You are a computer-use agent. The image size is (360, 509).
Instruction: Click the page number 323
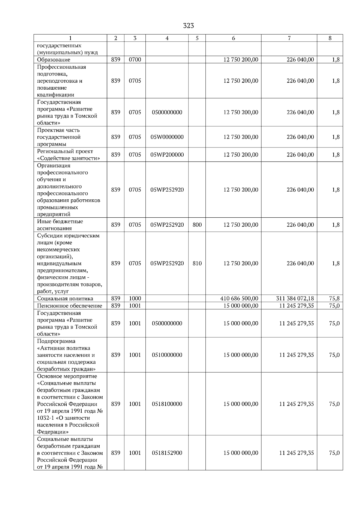(188, 26)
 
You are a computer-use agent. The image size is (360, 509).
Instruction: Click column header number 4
(167, 38)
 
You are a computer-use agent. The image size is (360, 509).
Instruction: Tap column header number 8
(330, 38)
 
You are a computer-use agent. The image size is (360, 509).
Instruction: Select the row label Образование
(54, 60)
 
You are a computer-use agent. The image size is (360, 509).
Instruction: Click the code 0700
(135, 60)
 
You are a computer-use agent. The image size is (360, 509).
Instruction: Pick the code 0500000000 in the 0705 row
(167, 112)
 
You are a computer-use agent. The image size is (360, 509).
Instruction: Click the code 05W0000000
(167, 137)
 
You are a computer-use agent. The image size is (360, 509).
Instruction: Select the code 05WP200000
(167, 155)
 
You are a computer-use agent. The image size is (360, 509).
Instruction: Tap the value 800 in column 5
(197, 225)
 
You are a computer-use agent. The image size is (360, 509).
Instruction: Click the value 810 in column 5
(197, 263)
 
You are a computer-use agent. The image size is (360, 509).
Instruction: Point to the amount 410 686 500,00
(239, 299)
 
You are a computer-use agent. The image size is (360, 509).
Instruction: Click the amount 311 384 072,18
(295, 299)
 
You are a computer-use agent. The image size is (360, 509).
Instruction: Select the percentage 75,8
(334, 299)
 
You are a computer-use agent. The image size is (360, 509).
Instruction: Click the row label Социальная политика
(65, 299)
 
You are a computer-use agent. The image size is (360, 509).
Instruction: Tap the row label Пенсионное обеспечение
(70, 306)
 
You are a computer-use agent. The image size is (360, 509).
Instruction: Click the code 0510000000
(167, 355)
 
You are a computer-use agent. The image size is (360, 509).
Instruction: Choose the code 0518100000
(167, 404)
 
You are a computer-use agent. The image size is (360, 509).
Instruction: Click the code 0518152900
(167, 453)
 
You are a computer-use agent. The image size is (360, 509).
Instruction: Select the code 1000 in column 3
(135, 299)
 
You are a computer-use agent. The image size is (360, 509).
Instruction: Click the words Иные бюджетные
(60, 222)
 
